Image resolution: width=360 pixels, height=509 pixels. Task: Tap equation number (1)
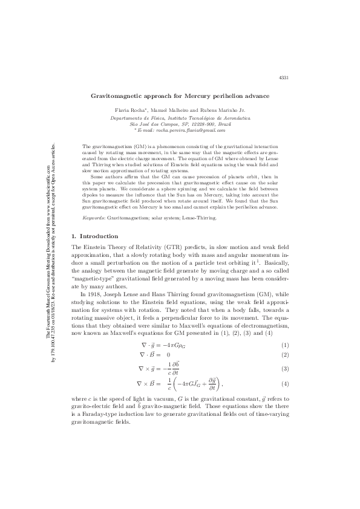point(284,345)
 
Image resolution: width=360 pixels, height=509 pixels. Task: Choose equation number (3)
point(284,368)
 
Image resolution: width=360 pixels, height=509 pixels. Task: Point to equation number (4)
point(284,384)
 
